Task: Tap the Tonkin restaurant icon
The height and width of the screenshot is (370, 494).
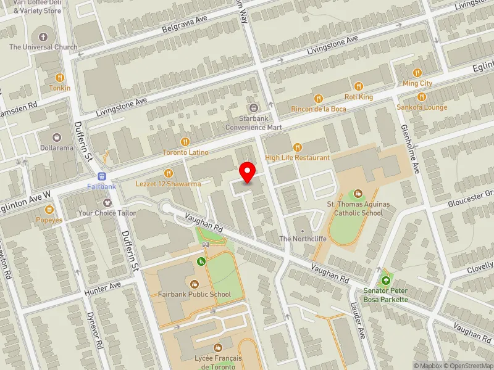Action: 60,78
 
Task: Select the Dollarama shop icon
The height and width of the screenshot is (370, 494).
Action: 57,138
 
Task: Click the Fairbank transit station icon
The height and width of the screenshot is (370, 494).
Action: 101,176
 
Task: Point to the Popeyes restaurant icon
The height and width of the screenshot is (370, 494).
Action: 49,210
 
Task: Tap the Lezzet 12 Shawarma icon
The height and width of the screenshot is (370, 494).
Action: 168,173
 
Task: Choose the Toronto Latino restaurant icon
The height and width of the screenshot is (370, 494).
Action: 185,142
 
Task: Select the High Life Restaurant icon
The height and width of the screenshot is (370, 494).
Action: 297,147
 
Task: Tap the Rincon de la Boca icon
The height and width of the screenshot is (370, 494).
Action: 319,99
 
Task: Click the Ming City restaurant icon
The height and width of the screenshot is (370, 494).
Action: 417,73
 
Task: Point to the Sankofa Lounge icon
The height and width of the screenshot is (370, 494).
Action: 422,97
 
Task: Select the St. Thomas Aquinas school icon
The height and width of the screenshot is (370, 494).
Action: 359,194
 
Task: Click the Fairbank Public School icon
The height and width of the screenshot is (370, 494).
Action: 194,284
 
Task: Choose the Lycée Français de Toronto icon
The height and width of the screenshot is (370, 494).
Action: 217,348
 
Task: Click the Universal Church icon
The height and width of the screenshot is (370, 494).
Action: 43,36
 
